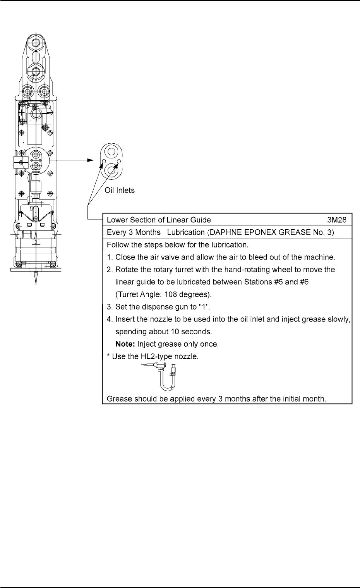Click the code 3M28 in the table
[337, 220]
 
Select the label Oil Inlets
[120, 191]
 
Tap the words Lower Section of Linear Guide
[159, 220]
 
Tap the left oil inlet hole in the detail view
[104, 161]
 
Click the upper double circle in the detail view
[111, 151]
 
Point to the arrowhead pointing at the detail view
[91, 160]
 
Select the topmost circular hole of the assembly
[36, 42]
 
